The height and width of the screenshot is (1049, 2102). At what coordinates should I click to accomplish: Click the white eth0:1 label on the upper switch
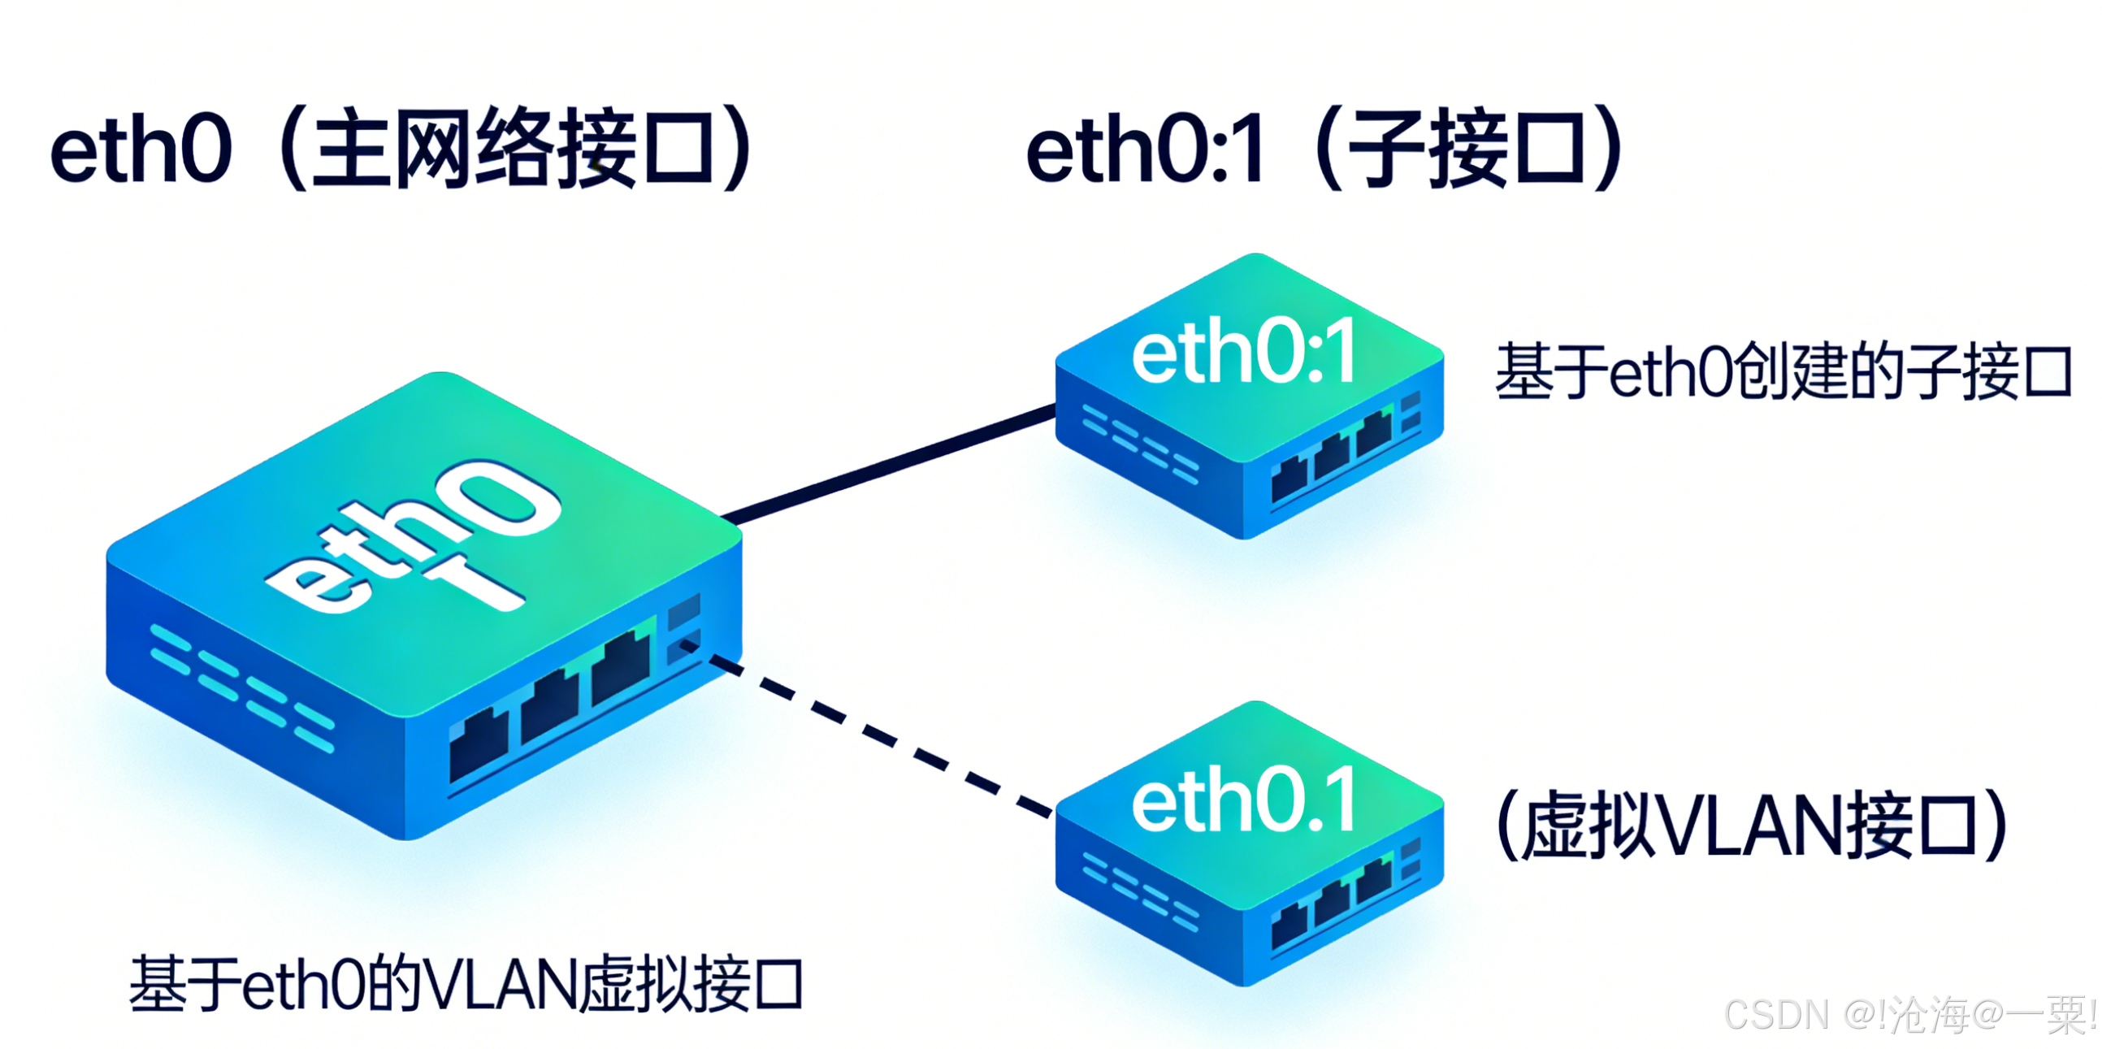(1245, 353)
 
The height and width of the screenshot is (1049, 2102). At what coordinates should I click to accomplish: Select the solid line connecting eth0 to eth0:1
(890, 462)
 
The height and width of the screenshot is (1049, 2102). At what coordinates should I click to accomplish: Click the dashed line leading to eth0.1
(882, 734)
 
